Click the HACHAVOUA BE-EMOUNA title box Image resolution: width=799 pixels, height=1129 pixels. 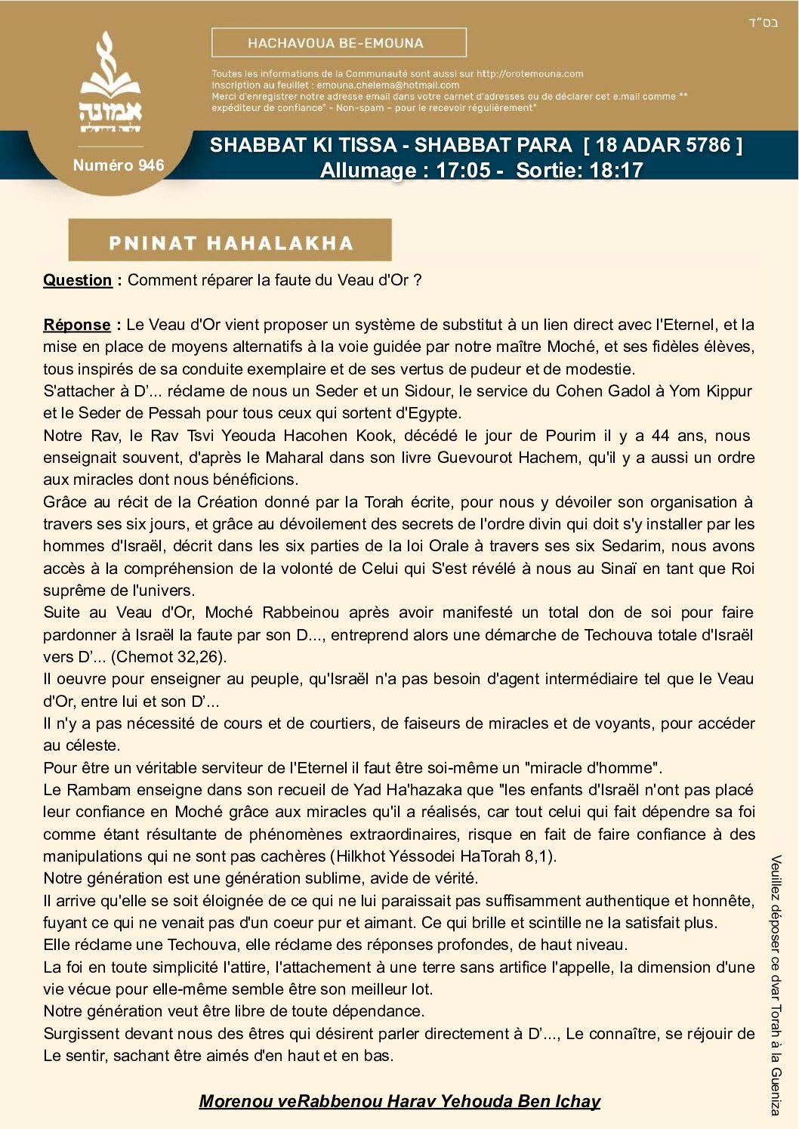338,43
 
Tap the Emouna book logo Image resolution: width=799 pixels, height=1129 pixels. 111,83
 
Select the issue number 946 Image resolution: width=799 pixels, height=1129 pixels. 119,165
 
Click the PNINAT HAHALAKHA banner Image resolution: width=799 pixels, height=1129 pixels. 230,242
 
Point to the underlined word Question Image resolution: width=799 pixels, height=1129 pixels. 77,280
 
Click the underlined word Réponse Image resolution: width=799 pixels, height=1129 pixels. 77,325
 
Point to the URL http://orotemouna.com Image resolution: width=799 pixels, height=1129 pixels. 529,74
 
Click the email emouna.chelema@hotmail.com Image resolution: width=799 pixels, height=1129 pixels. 387,85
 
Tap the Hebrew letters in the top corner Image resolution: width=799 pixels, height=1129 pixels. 763,23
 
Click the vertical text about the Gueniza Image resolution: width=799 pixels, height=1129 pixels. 776,985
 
